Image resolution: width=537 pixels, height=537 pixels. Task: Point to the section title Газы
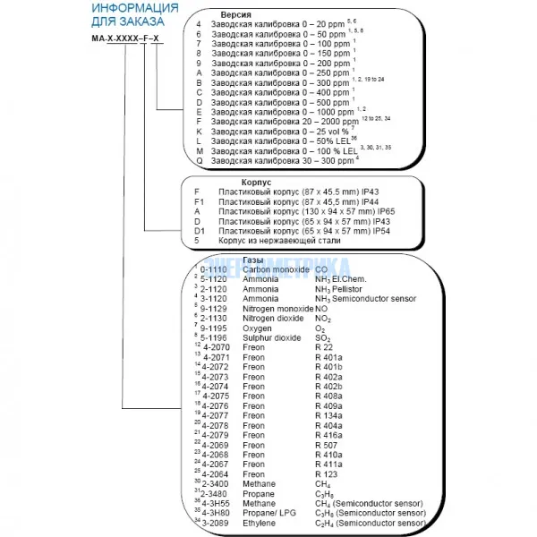pos(230,259)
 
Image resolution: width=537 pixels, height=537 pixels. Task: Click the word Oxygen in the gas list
pos(258,328)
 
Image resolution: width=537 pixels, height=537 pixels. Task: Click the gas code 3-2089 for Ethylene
pos(218,523)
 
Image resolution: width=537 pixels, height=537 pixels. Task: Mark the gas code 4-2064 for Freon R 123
pos(218,474)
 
